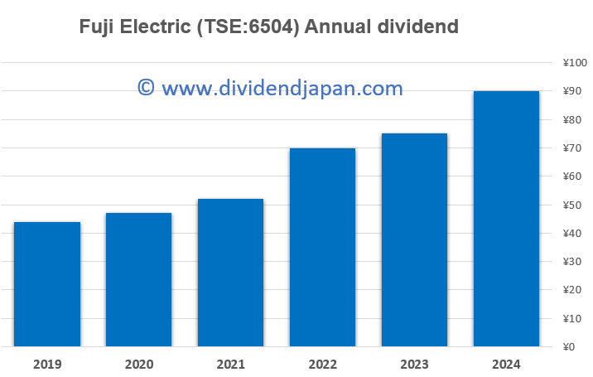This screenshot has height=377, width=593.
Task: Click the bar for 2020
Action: pyautogui.click(x=138, y=279)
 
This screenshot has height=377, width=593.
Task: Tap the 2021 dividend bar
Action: pyautogui.click(x=230, y=273)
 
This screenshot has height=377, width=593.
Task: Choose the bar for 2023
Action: pyautogui.click(x=414, y=239)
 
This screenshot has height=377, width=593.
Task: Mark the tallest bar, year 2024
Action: pyautogui.click(x=506, y=219)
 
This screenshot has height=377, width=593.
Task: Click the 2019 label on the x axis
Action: pyautogui.click(x=47, y=363)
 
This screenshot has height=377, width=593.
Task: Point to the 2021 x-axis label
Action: pyautogui.click(x=230, y=363)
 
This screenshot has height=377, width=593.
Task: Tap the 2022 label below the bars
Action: pyautogui.click(x=322, y=363)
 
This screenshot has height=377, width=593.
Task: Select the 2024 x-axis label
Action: pyautogui.click(x=506, y=363)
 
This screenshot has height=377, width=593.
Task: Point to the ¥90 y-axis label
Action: pyautogui.click(x=571, y=91)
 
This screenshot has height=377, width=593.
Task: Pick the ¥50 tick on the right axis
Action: pyautogui.click(x=571, y=205)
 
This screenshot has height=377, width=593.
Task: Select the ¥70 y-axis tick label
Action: pyautogui.click(x=571, y=148)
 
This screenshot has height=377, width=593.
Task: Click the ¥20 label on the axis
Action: pyautogui.click(x=571, y=290)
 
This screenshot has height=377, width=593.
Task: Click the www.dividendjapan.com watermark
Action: pyautogui.click(x=282, y=87)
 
